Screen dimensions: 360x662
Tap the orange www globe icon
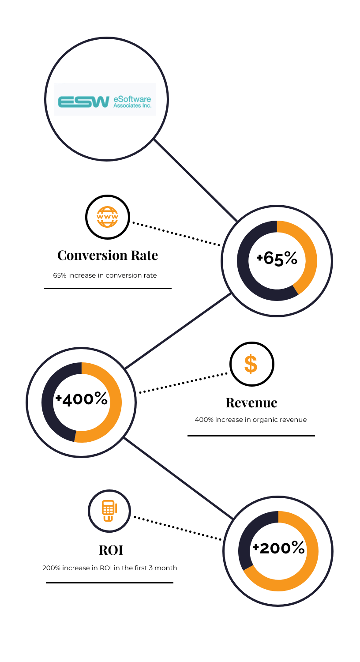[108, 217]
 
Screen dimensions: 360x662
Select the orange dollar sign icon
[251, 364]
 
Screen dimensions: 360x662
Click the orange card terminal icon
[109, 511]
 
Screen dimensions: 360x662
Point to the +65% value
[277, 259]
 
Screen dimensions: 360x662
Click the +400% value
[82, 399]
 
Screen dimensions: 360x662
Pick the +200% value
[279, 548]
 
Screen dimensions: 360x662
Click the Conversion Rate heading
[108, 256]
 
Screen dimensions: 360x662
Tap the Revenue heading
[251, 403]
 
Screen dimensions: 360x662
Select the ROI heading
[111, 550]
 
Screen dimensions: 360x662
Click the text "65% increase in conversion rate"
[105, 275]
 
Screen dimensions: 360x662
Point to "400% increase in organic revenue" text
[251, 420]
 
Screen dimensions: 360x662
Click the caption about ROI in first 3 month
[109, 568]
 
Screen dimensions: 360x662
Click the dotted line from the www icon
[176, 234]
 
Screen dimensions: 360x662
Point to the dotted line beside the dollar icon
[184, 383]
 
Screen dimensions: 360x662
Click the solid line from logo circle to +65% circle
[195, 180]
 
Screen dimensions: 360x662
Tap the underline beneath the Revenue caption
[251, 436]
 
